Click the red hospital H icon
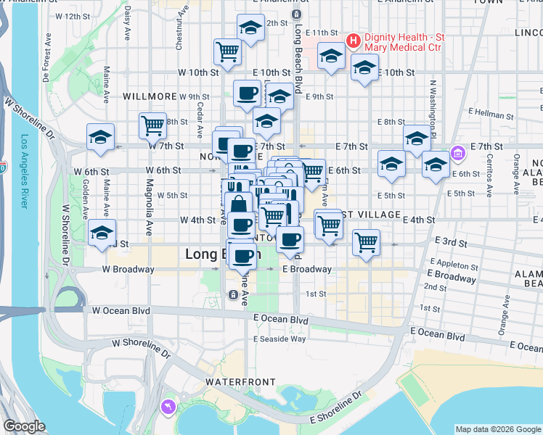click(354, 41)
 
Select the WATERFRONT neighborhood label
click(240, 381)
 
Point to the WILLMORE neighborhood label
click(150, 96)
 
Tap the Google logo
click(25, 426)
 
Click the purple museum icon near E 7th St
click(457, 154)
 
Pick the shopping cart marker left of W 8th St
click(153, 125)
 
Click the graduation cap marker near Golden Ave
click(102, 232)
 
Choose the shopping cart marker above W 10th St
click(227, 51)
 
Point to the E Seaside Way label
click(279, 339)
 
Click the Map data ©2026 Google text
click(497, 429)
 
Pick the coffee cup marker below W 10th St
click(247, 93)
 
